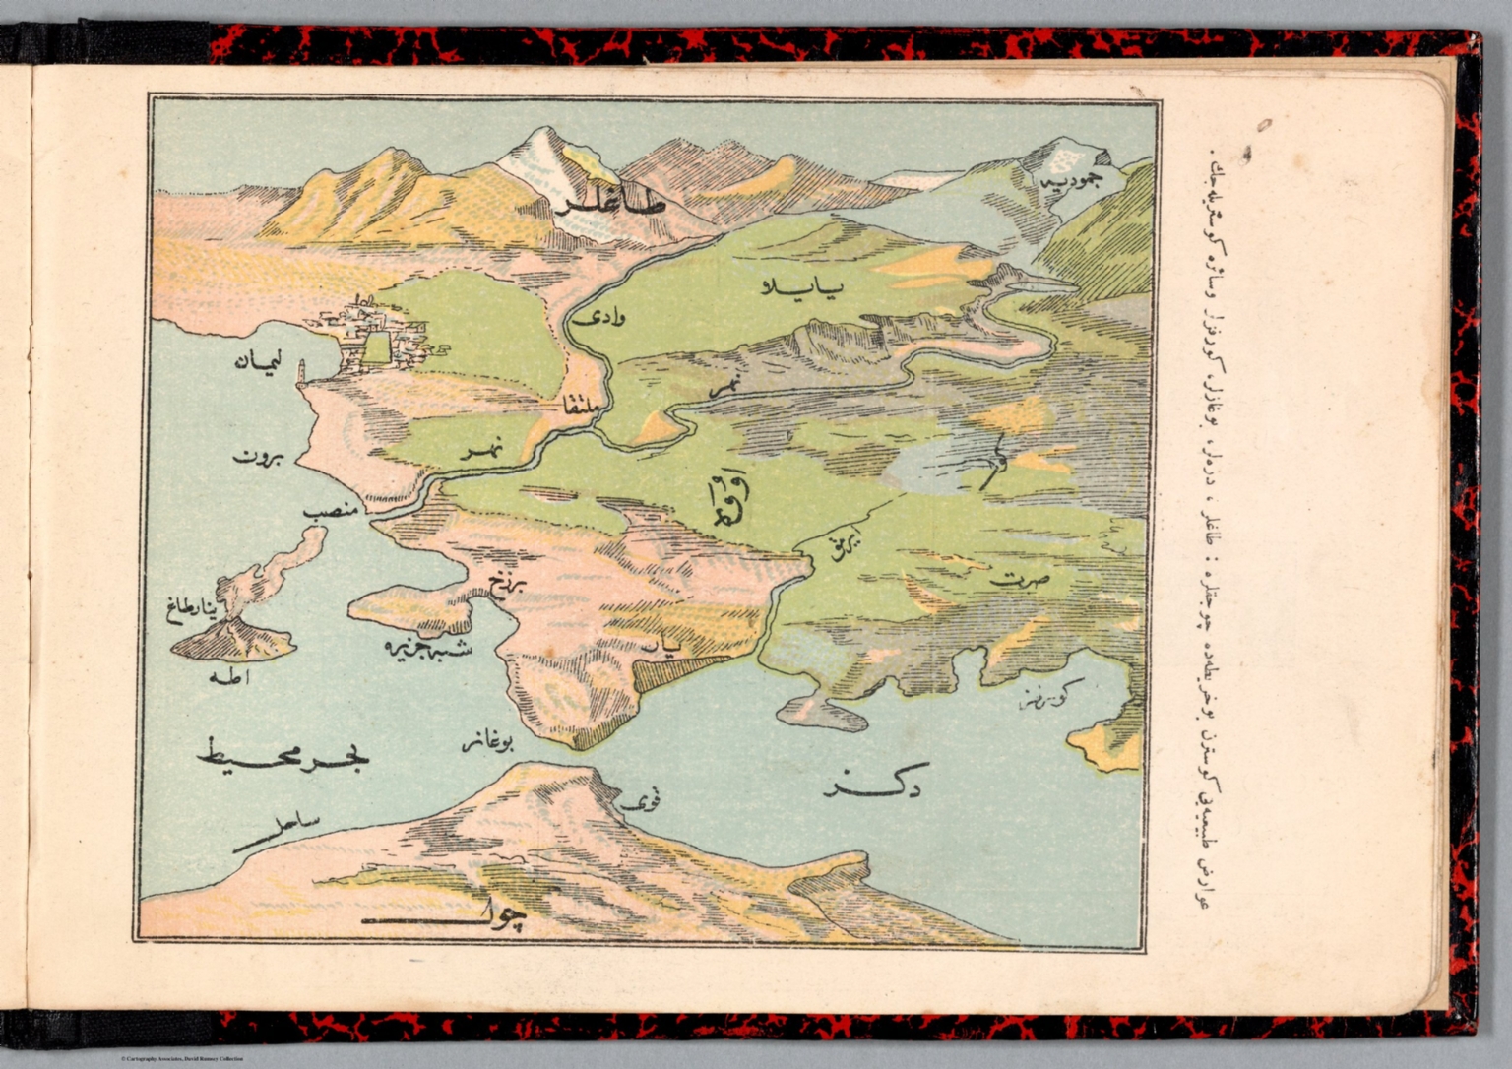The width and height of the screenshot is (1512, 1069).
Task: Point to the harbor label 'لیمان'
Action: click(259, 362)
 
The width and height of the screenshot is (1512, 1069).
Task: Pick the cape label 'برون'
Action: click(258, 458)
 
